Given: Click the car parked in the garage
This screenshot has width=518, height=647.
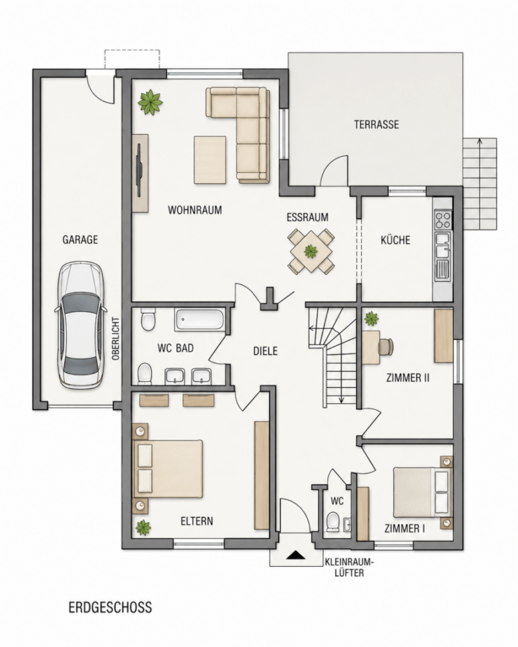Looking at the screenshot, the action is pos(80,325).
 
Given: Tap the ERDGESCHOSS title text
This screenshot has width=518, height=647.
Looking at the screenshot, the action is pos(111,607).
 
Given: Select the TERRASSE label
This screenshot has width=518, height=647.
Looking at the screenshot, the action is pos(376,124).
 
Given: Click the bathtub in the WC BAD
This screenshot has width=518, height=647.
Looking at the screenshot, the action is pos(200,319).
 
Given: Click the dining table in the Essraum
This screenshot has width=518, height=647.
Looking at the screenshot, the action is pos(311,251).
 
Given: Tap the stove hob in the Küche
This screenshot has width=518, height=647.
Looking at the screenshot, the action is pos(443,220).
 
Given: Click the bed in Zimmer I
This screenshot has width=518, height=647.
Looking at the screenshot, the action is pos(422,492).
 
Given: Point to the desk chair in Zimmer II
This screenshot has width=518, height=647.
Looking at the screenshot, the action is pos(386,346).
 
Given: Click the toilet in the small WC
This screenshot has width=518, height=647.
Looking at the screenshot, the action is pos(332,521).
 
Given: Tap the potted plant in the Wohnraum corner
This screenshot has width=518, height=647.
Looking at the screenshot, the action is pos(150,102).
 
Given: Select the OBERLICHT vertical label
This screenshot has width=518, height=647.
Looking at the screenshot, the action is pos(115,338).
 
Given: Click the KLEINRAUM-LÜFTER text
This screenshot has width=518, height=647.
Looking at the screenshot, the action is pos(349,567).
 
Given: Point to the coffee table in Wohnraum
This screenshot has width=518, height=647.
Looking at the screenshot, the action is pos(210,160).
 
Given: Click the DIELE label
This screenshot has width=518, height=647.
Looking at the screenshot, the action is pos(265,351).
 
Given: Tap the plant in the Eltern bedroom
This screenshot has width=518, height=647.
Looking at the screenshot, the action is pos(143,527).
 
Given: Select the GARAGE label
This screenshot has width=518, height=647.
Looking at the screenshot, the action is pos(80,240).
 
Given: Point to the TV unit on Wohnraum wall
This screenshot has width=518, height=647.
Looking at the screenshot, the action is pos(140,173).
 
